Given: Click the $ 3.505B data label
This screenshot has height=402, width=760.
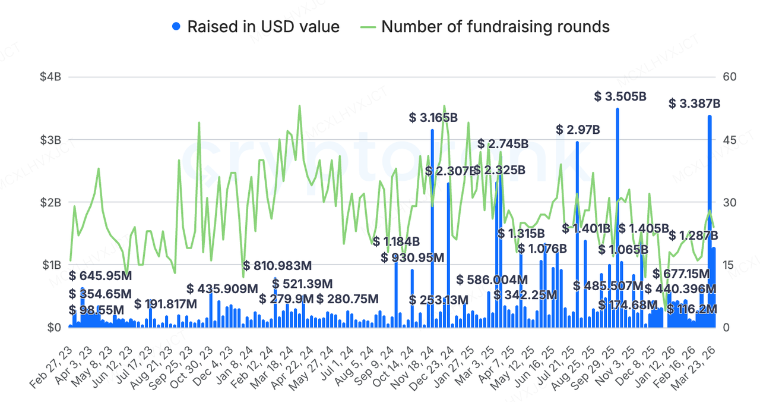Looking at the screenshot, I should tap(620, 96).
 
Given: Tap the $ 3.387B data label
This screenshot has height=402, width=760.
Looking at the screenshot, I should tap(694, 104).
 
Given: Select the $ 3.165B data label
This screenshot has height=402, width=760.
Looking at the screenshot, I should tap(433, 118).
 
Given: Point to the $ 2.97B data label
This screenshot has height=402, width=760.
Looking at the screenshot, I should tap(578, 130).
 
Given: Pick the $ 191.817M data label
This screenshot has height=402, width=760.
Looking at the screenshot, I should tap(166, 304).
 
